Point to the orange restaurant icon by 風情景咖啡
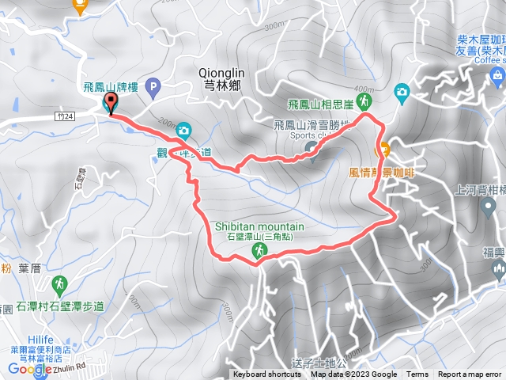pyautogui.click(x=383, y=147)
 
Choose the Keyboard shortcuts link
pyautogui.click(x=266, y=374)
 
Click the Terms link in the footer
pyautogui.click(x=417, y=374)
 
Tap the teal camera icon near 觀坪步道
pyautogui.click(x=183, y=130)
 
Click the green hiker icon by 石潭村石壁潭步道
pyautogui.click(x=59, y=283)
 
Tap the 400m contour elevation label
pyautogui.click(x=364, y=88)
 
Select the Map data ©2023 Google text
pyautogui.click(x=354, y=374)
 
